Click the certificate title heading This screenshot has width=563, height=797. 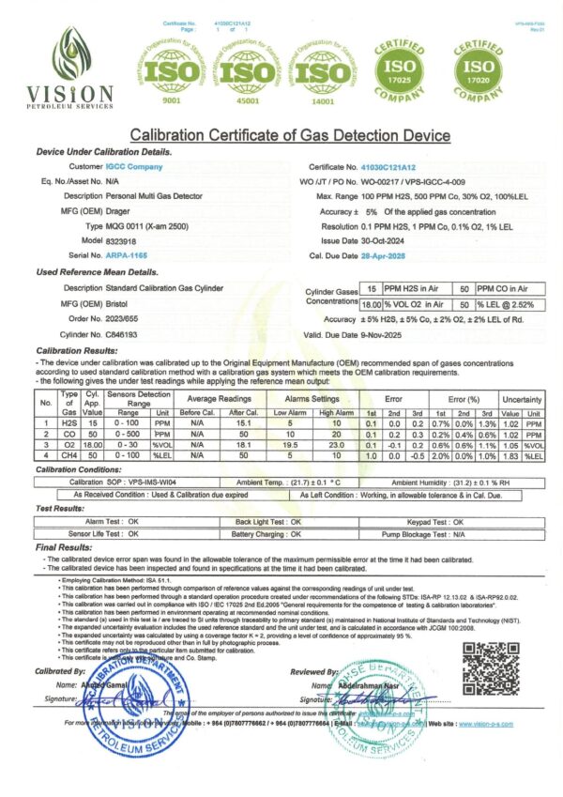pyautogui.click(x=281, y=136)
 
